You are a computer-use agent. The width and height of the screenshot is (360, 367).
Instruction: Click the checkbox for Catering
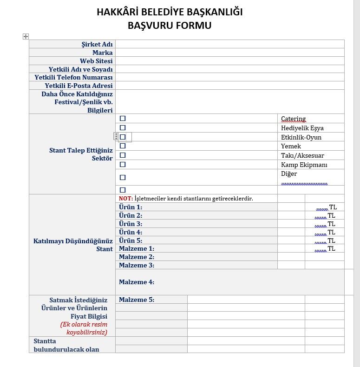click(123, 119)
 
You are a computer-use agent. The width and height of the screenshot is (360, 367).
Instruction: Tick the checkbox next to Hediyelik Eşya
click(123, 127)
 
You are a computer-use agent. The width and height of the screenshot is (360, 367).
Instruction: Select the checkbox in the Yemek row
click(123, 146)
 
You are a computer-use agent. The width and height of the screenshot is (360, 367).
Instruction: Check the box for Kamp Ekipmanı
click(123, 164)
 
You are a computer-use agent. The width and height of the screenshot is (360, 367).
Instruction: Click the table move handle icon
click(26, 36)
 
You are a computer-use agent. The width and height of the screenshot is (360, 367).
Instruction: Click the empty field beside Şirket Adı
click(229, 44)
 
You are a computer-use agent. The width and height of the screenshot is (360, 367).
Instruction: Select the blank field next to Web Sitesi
click(229, 61)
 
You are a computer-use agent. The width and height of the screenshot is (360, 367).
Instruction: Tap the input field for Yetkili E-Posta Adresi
click(229, 86)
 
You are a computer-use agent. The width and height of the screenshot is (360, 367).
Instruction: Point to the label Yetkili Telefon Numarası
click(73, 77)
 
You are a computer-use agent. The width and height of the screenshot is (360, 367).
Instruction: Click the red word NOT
click(125, 199)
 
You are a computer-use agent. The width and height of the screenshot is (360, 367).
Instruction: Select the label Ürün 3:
click(130, 224)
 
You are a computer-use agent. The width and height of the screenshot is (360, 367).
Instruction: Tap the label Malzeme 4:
click(136, 282)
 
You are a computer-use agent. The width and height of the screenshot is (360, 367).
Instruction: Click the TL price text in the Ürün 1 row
click(333, 207)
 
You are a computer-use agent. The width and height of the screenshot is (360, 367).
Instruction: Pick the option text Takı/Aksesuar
click(302, 155)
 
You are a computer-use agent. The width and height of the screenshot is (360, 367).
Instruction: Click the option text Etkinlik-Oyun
click(301, 137)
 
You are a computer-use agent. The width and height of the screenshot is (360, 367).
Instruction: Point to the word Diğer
click(289, 173)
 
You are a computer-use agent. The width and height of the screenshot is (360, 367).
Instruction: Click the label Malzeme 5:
click(136, 300)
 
